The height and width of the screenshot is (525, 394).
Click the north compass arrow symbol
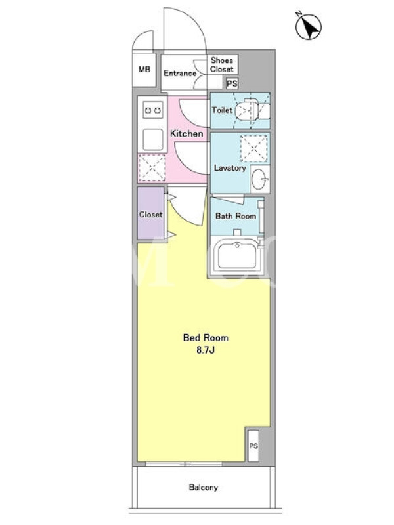click(x=308, y=26)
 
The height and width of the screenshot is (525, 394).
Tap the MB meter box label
click(x=144, y=70)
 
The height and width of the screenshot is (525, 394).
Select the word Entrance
click(x=180, y=73)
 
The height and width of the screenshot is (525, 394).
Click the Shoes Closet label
click(x=222, y=64)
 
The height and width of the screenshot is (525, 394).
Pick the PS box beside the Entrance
click(x=232, y=83)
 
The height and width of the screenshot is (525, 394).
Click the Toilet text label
click(x=222, y=110)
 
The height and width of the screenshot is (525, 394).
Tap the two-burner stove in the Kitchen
click(x=153, y=110)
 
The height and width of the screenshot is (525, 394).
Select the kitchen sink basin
click(x=153, y=140)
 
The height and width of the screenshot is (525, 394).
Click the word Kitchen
click(x=186, y=133)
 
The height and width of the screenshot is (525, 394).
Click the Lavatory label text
click(x=230, y=168)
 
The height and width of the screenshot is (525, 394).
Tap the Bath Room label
click(x=236, y=216)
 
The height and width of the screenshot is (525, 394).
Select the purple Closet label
click(x=151, y=215)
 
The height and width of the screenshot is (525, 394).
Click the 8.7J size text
click(x=206, y=350)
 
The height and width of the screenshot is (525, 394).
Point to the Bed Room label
click(x=206, y=337)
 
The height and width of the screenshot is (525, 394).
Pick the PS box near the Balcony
click(x=253, y=446)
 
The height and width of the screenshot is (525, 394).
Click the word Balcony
click(x=204, y=487)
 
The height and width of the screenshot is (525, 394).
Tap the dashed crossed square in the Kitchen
click(x=152, y=168)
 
